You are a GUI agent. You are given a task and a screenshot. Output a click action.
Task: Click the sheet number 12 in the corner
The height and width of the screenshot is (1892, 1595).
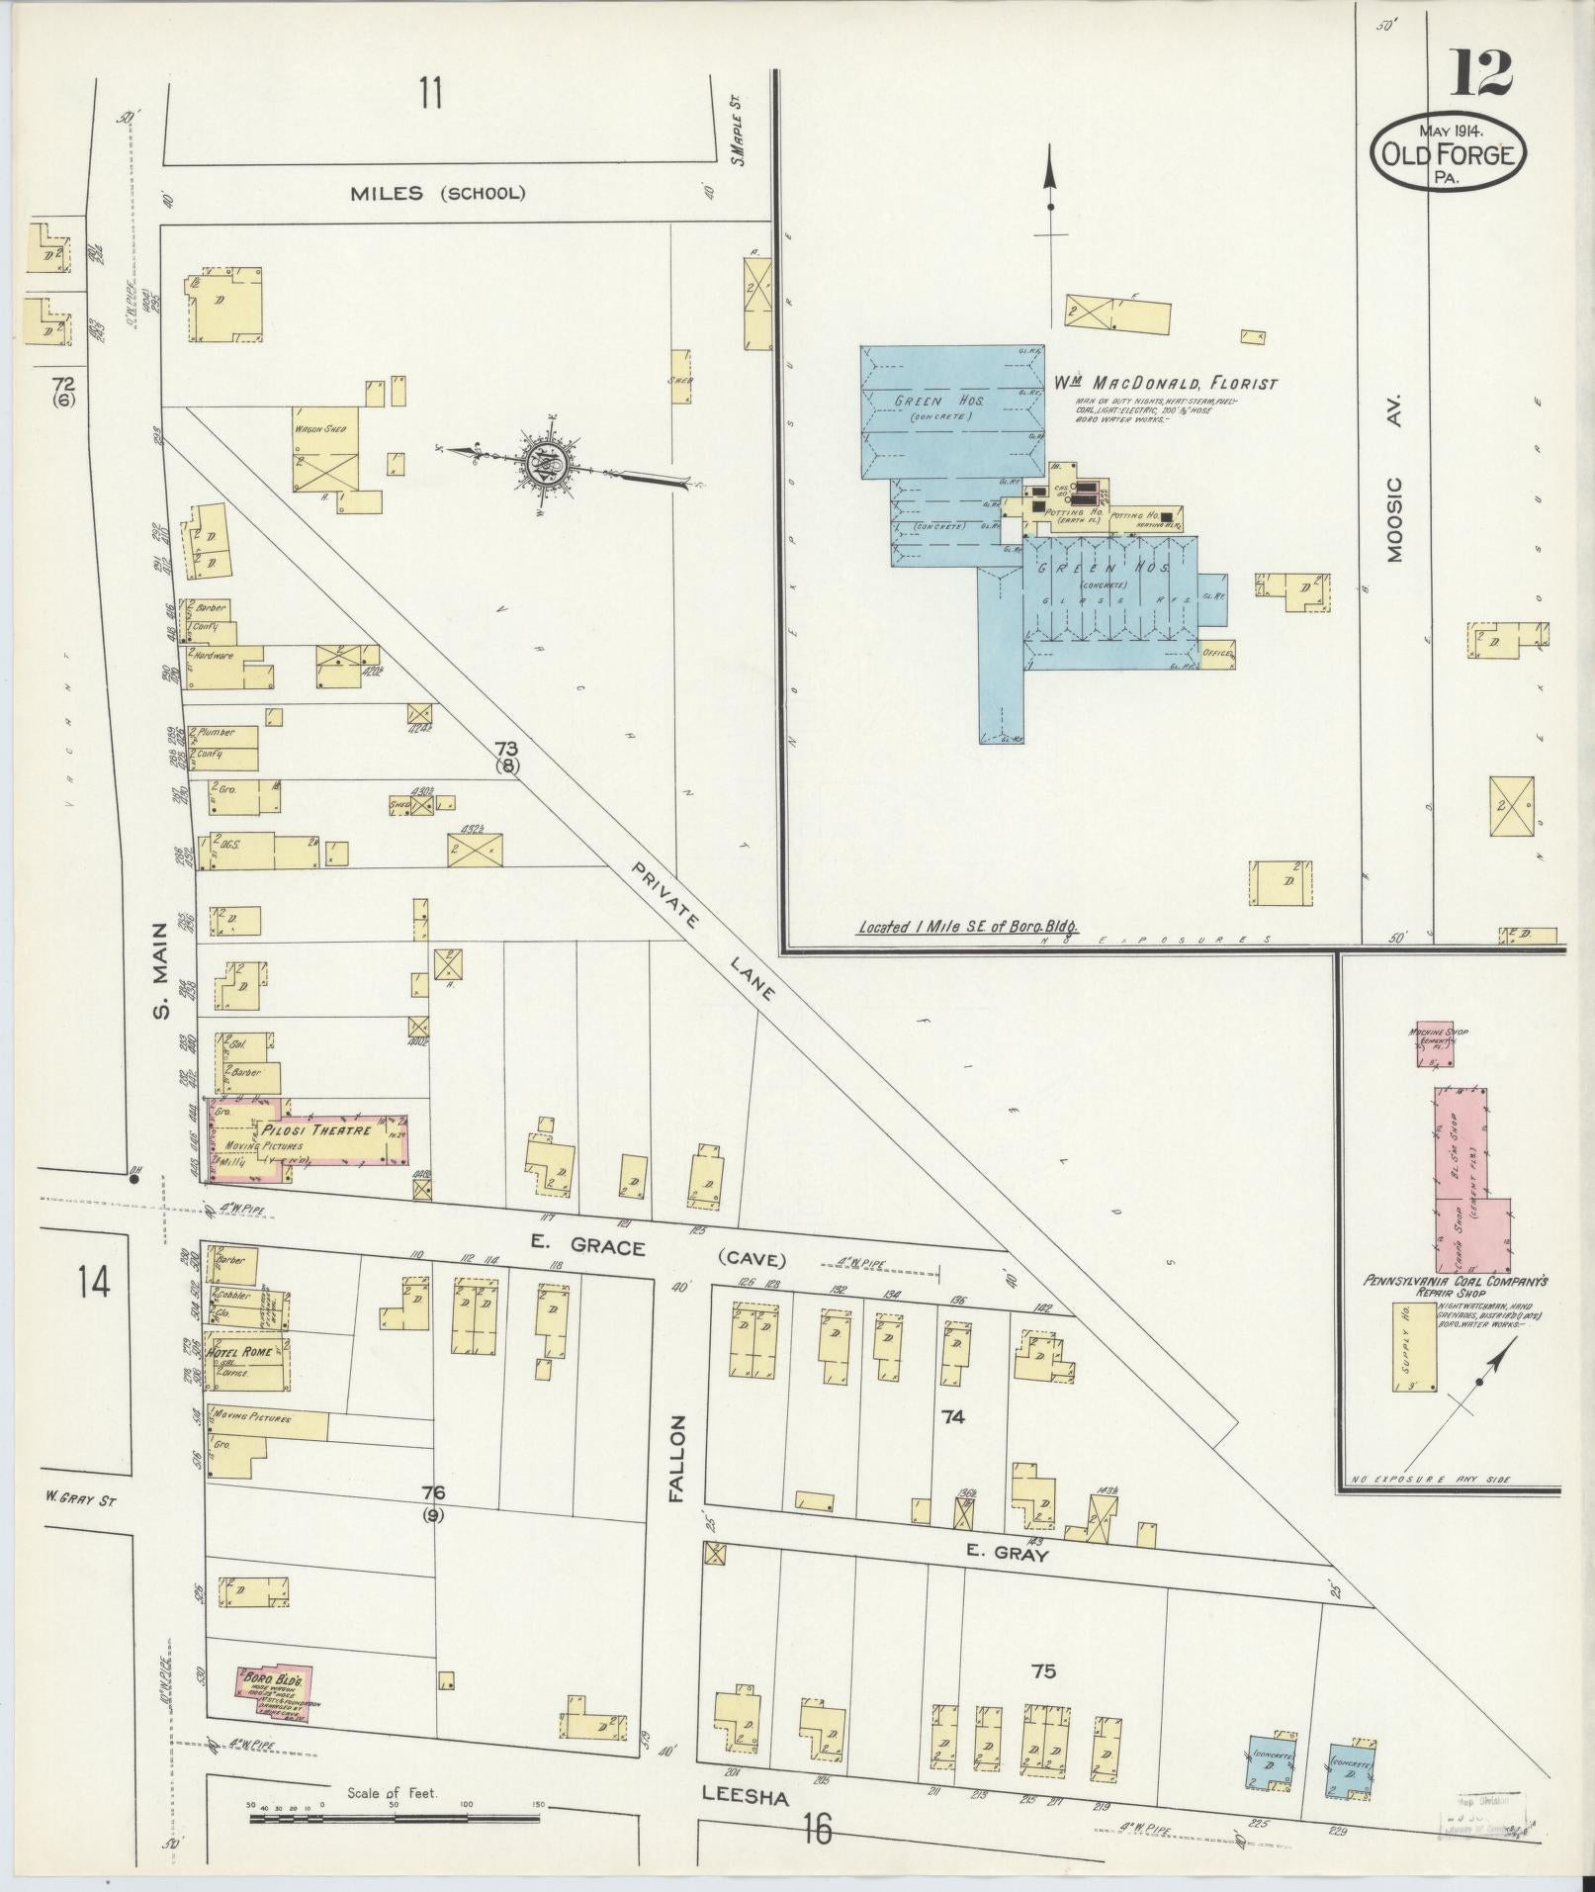tap(1481, 73)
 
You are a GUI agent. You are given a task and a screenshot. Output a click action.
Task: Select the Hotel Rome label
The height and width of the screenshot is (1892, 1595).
tap(238, 1352)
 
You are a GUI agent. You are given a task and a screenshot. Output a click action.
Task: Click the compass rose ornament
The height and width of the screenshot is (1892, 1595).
tap(545, 461)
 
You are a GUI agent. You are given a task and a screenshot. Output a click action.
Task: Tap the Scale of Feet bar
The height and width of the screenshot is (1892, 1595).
tap(396, 1817)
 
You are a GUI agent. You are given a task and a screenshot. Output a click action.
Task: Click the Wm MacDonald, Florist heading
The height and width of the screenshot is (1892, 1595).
tap(1165, 384)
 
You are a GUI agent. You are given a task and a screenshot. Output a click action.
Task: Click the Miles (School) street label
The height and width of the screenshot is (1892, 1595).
tap(437, 193)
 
